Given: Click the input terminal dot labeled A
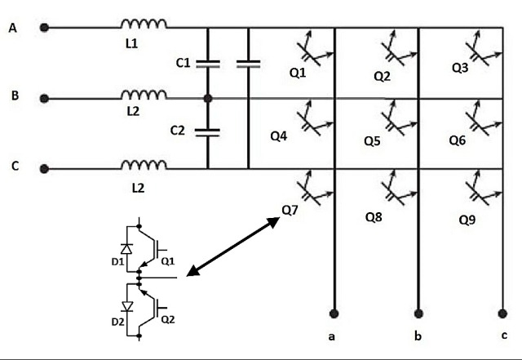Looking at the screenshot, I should tap(45, 28).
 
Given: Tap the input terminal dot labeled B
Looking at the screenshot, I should tap(45, 99).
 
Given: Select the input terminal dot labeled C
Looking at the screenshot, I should tap(45, 169).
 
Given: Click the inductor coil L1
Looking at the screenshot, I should tap(144, 24).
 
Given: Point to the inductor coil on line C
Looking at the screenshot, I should tap(144, 166).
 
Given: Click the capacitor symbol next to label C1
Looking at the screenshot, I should tap(208, 62).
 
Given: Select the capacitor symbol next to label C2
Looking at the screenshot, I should tap(208, 131).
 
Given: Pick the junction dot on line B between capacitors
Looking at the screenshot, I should tap(208, 99).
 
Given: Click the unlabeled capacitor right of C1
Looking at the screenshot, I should tap(248, 62).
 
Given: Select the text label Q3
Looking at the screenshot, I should tap(460, 69).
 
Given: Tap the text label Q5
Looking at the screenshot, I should tap(372, 141).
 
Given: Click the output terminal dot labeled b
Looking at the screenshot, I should tap(419, 311).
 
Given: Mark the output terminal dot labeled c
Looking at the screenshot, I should tap(503, 311).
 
